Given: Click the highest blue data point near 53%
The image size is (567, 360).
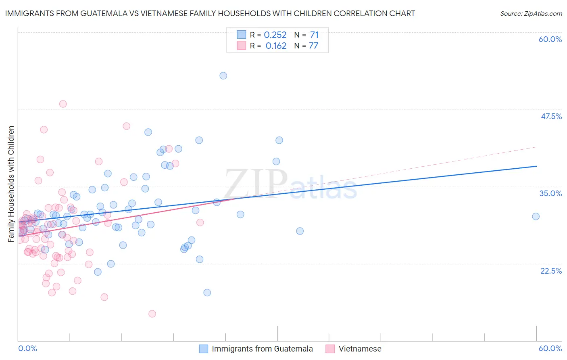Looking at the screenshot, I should point(223,75).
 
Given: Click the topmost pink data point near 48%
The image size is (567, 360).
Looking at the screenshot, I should point(63,104).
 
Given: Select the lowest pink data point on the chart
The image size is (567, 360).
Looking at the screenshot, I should point(152,314).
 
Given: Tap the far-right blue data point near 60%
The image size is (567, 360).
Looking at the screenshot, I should point(536,216).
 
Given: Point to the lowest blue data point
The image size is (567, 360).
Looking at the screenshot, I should point(207,293).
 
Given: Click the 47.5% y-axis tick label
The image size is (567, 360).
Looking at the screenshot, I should point(551,116).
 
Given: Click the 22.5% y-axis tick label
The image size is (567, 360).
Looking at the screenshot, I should point(551,271).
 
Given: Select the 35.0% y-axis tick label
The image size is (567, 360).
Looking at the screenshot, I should point(551,193).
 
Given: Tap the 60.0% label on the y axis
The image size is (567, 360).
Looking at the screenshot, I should point(550,39).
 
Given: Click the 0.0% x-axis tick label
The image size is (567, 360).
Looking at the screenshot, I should point(27,348).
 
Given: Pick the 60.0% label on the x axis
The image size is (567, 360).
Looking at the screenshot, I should point(550,348).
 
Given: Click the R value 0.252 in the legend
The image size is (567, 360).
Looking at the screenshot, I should point(275,35).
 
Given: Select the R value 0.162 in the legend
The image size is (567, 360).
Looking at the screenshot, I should point(276,46).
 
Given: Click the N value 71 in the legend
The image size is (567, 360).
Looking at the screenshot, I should point(314,35).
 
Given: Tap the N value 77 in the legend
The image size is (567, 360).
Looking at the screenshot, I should point(313,46).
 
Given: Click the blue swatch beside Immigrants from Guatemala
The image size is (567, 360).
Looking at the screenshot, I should point(204,349).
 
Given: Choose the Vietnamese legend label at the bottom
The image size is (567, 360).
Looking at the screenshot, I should point(360,349).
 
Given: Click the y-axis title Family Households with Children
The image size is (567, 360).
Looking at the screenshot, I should point(11,184).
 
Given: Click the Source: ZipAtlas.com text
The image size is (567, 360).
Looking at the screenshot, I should point(531,14).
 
